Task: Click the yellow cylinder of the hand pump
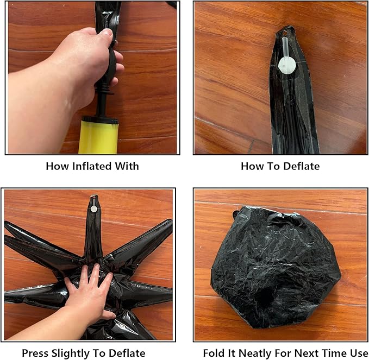(98, 136)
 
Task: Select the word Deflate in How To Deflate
(301, 166)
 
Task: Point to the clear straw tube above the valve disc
(285, 47)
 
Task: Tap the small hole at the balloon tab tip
(285, 31)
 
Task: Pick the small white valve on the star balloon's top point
(94, 209)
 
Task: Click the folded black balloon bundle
(276, 267)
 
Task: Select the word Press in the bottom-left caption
(35, 353)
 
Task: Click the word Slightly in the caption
(71, 353)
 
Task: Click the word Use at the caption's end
(358, 353)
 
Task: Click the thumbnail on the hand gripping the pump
(107, 32)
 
